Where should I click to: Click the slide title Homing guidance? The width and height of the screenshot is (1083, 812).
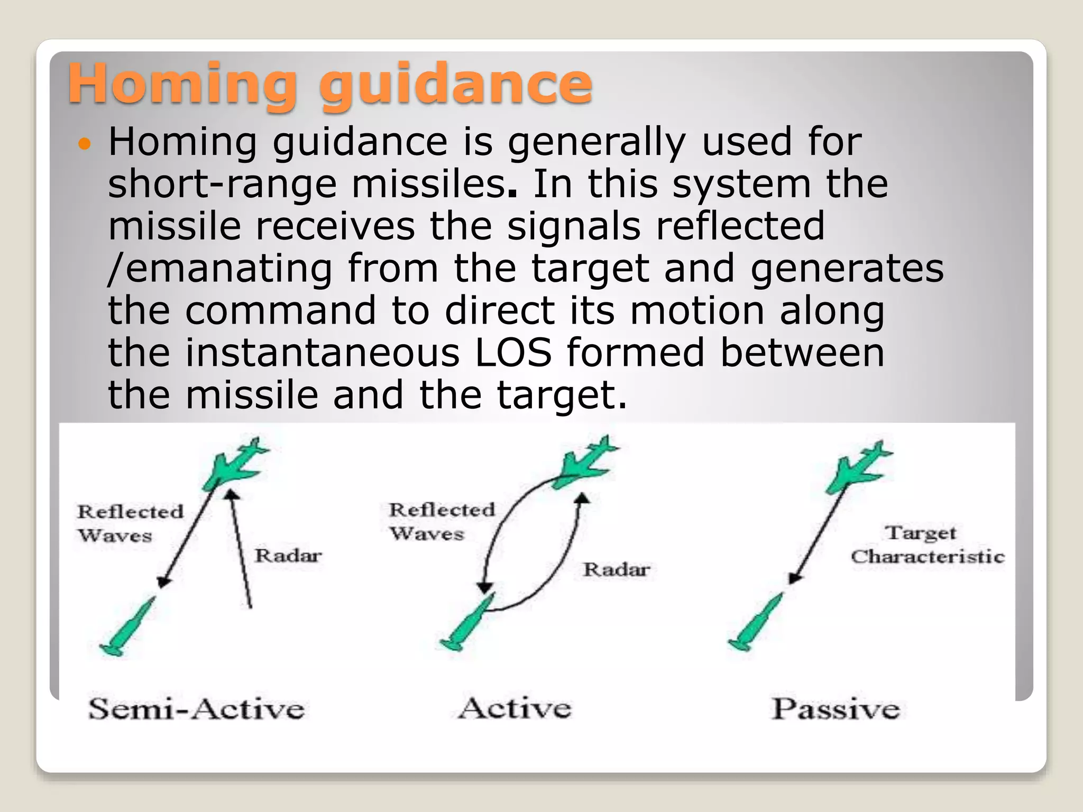coord(330,84)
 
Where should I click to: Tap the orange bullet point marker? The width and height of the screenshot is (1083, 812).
coord(85,143)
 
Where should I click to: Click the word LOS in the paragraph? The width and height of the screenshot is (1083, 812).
coord(513,353)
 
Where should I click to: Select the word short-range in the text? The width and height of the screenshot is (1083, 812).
coord(222,184)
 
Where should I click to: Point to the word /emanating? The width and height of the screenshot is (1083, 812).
coord(220,269)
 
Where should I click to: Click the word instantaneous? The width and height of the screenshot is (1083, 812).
coord(323,353)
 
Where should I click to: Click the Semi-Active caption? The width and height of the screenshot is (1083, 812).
coord(196,708)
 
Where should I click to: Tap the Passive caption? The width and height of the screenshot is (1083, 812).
coord(836,708)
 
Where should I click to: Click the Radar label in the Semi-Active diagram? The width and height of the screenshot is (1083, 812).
coord(288,556)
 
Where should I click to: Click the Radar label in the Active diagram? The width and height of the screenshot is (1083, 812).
coord(616,570)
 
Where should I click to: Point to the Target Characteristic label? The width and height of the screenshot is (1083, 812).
coord(927,545)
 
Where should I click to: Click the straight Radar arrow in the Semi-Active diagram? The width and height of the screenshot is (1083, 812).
coord(241,550)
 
